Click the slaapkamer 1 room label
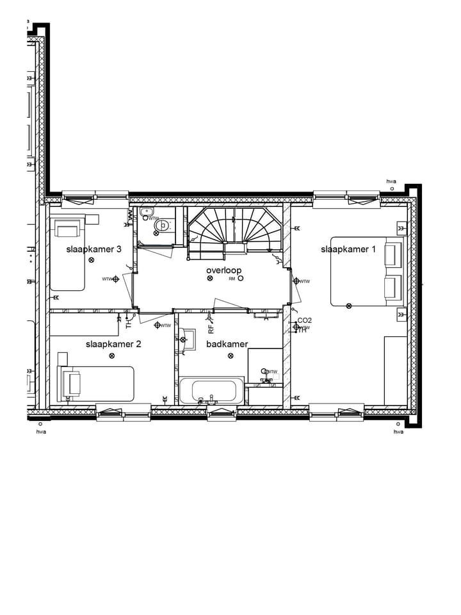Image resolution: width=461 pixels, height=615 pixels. pos(348,249)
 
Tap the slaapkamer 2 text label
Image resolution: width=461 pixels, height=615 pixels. pos(113,344)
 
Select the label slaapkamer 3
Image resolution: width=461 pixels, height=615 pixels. pos(94,249)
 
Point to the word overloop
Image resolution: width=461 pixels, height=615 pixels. pos(223,270)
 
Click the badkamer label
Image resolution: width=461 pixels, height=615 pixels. pos(227,344)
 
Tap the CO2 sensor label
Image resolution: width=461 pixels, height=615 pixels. pos(304,320)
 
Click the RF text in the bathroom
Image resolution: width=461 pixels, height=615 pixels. pos(211,329)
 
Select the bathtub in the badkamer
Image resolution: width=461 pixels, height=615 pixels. pos(211,390)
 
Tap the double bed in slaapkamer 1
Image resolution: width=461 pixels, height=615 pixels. pos(366,271)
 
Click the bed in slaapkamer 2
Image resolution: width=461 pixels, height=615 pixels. pos(96,384)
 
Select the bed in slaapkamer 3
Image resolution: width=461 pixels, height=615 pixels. pos(67,253)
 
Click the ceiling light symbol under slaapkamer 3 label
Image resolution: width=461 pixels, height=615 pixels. pos(92,260)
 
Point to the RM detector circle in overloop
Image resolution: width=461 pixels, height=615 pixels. pos(241,279)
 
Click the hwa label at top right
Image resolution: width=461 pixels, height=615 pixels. pos(391,182)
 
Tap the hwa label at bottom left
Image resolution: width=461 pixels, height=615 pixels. pos(42,432)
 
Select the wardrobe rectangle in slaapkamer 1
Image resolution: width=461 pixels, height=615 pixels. pos(395,370)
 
